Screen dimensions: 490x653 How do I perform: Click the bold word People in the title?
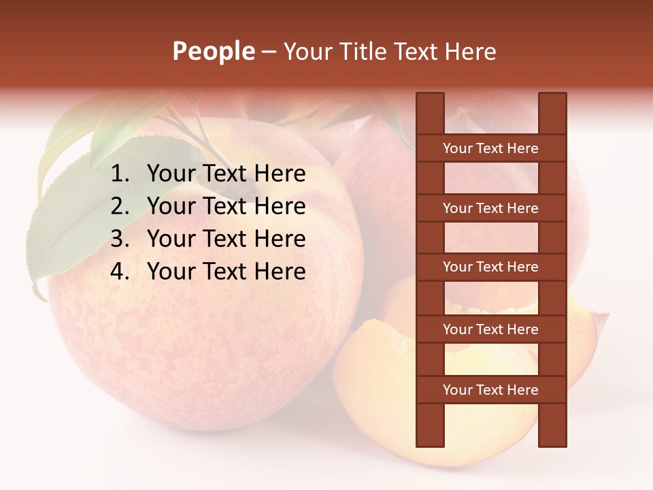pos(214,51)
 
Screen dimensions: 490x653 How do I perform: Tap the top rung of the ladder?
pos(490,148)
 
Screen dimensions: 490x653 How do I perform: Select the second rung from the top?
pos(490,208)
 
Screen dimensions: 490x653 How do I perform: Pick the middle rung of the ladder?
pos(490,267)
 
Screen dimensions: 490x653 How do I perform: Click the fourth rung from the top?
pos(490,329)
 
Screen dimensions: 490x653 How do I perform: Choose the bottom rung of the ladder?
pos(490,390)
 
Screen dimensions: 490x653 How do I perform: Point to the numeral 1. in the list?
pos(120,174)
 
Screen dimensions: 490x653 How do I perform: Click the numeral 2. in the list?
pos(120,206)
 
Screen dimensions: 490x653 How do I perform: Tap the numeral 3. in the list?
pos(120,239)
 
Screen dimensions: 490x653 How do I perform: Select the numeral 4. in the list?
pos(120,272)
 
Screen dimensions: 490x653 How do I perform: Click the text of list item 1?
pos(226,174)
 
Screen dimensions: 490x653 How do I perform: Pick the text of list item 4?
pos(226,272)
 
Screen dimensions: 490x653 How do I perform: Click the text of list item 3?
pos(226,239)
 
